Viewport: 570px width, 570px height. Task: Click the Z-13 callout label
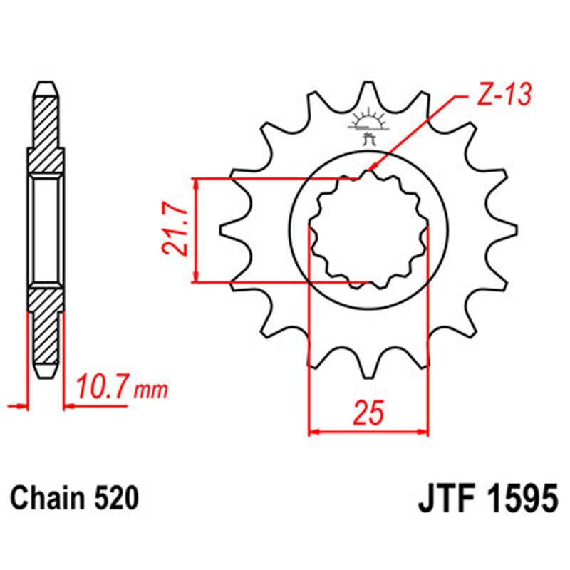pos(503,97)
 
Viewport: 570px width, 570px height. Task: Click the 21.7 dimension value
pos(174,230)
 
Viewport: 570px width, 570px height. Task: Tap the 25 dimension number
pos(368,413)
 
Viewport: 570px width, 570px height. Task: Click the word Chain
pos(48,498)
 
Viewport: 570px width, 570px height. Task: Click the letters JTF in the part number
pos(440,497)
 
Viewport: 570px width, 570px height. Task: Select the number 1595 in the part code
pos(519,497)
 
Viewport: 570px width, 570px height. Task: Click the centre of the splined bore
pos(368,230)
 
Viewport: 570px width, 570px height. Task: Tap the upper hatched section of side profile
pos(46,125)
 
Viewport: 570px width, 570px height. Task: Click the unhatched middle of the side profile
pos(46,229)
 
